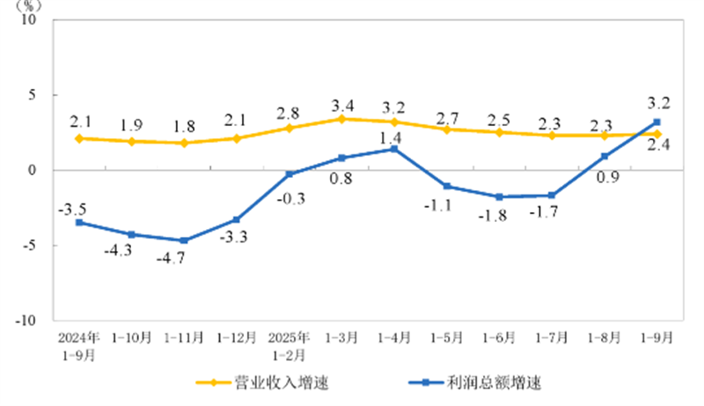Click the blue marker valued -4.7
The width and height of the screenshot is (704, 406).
[185, 240]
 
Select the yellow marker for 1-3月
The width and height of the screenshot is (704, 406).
[342, 119]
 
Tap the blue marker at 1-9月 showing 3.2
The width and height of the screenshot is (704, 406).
[656, 122]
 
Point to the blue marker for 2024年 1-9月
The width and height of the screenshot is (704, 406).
[79, 223]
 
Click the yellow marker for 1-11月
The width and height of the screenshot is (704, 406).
[185, 143]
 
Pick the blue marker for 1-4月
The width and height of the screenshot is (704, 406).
[394, 149]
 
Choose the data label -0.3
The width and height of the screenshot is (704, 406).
[290, 197]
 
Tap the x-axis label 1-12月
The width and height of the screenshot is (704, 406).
[238, 337]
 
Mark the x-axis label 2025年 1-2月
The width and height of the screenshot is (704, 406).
[290, 344]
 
